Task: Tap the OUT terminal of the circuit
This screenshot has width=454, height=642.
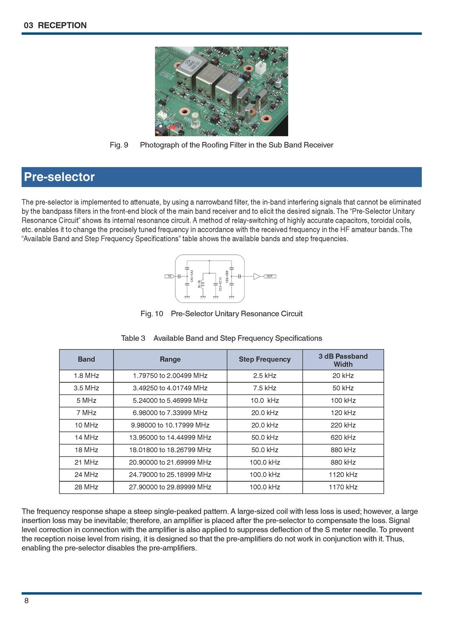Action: [x=269, y=276]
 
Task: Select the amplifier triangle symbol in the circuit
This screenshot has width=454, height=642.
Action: [x=257, y=276]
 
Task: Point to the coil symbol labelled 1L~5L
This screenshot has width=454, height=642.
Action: [x=203, y=284]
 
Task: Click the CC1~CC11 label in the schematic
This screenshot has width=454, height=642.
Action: [x=220, y=284]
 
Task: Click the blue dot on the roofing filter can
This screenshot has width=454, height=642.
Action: [x=240, y=80]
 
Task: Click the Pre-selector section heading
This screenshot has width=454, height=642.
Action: [x=59, y=177]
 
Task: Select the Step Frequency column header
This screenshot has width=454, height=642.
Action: [x=265, y=360]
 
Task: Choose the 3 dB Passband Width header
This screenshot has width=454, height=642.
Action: [x=343, y=360]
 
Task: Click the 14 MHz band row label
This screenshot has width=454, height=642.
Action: [x=86, y=437]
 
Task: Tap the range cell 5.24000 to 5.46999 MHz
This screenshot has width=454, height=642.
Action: [x=170, y=400]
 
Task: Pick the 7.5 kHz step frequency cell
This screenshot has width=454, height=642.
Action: [x=265, y=388]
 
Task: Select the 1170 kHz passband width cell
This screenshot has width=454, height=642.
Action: [x=343, y=487]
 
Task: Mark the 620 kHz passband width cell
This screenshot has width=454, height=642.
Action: [x=343, y=437]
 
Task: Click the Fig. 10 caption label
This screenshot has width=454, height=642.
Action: [x=152, y=314]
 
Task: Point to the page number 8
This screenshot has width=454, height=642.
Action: [x=26, y=601]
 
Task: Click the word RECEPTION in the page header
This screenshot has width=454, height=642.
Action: [x=62, y=25]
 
